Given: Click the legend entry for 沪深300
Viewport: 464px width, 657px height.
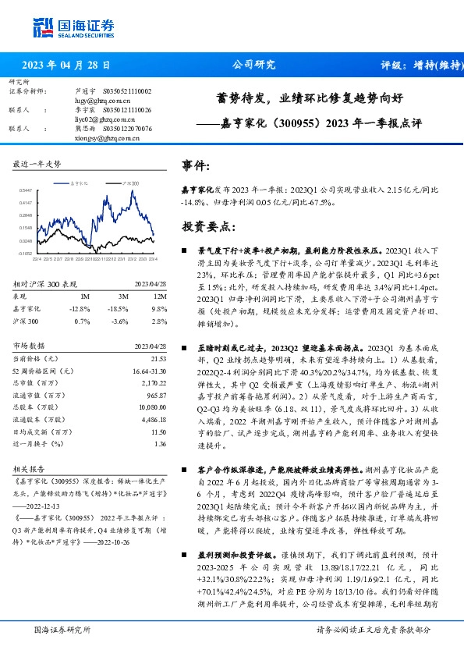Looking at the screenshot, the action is [x=130, y=182].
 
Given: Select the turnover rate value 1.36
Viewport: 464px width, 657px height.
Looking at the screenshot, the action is [x=160, y=444].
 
